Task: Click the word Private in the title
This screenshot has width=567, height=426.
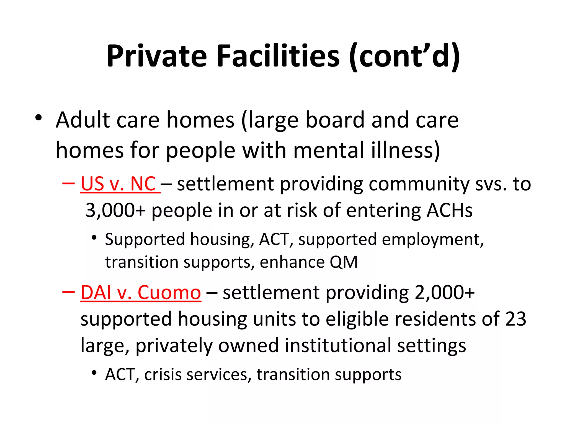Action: [157, 56]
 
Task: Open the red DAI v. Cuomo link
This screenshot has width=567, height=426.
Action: [141, 293]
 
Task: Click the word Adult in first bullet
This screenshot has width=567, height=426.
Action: [83, 120]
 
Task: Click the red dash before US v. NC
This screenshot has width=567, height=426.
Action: [68, 184]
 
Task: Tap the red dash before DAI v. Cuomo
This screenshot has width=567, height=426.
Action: [68, 292]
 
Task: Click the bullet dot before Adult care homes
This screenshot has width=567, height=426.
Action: [38, 118]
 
